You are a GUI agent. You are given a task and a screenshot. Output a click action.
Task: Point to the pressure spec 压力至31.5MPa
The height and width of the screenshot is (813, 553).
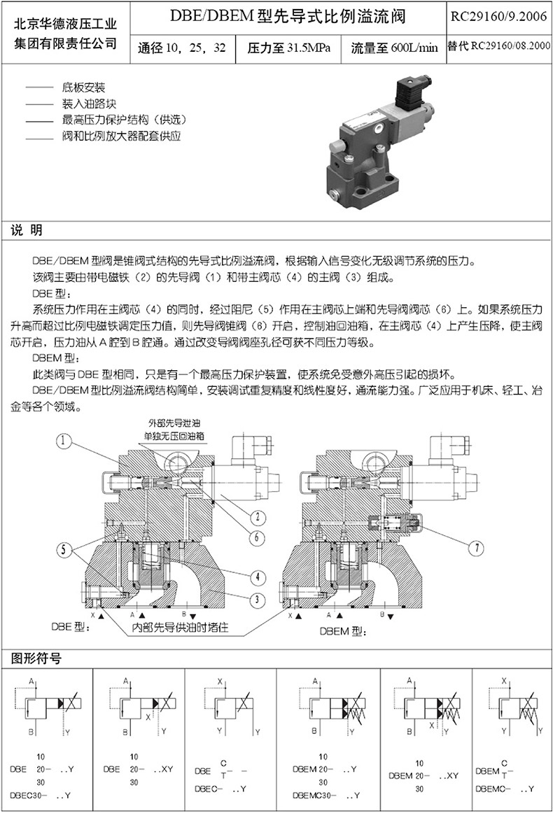coord(288,48)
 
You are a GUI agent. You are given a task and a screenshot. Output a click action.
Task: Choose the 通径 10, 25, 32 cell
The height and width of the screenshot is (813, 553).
coord(182,48)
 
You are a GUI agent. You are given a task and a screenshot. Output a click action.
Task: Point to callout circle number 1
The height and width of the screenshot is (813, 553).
coord(65,441)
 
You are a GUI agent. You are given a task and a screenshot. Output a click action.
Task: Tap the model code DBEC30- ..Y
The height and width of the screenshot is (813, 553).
coord(41,796)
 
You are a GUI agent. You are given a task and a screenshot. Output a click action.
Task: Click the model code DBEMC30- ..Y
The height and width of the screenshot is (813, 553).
coord(326,796)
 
